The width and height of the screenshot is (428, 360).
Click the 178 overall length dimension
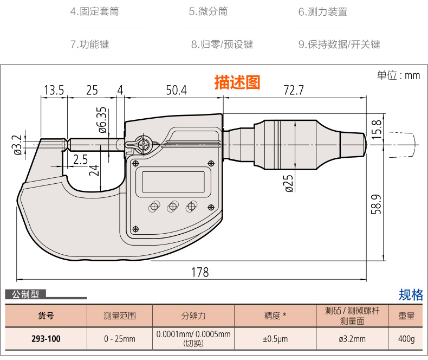[x=200, y=272]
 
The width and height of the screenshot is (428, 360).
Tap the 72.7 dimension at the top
[x=294, y=90]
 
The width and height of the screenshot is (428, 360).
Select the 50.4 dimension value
[x=176, y=90]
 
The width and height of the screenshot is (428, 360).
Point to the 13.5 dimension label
[x=54, y=90]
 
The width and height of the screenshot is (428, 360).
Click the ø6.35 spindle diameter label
[x=102, y=120]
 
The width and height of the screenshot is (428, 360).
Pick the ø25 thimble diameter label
[x=289, y=183]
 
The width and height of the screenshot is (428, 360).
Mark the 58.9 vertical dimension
[x=376, y=204]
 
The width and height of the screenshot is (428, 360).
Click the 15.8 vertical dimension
[x=377, y=128]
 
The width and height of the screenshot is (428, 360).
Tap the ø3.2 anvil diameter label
[x=18, y=145]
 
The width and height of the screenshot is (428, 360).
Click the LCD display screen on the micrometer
[x=173, y=182]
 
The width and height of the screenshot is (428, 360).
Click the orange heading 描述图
[x=237, y=82]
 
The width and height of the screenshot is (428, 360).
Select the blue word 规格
[x=411, y=295]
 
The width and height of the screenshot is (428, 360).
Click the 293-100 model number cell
[x=46, y=339]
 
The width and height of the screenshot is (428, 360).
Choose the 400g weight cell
[x=406, y=339]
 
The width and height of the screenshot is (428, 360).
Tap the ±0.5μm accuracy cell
[x=275, y=339]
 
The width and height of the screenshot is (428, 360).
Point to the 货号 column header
[x=46, y=316]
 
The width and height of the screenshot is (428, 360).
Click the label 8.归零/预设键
[x=222, y=44]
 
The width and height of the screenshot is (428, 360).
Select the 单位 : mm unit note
[x=399, y=75]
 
